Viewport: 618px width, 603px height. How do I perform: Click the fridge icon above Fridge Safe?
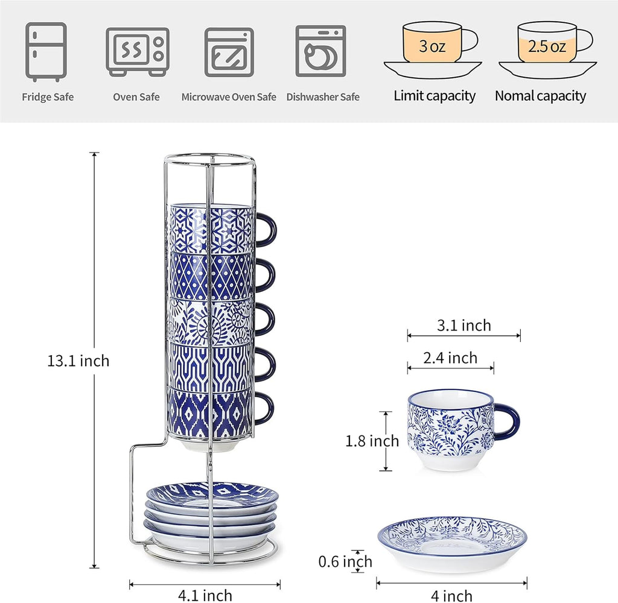tap(46, 52)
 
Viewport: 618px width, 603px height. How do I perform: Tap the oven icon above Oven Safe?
tap(138, 51)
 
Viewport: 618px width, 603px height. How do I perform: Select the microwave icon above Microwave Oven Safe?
tap(229, 52)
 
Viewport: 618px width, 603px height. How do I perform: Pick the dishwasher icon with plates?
tap(321, 51)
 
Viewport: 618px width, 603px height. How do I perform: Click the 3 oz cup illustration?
tap(433, 50)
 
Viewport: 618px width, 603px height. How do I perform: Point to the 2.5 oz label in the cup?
tap(547, 46)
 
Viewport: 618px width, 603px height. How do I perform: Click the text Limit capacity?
tap(435, 96)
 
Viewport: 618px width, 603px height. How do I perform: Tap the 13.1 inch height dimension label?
tap(78, 361)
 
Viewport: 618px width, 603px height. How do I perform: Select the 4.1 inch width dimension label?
tap(205, 595)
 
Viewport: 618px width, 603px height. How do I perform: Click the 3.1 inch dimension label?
tap(464, 326)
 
